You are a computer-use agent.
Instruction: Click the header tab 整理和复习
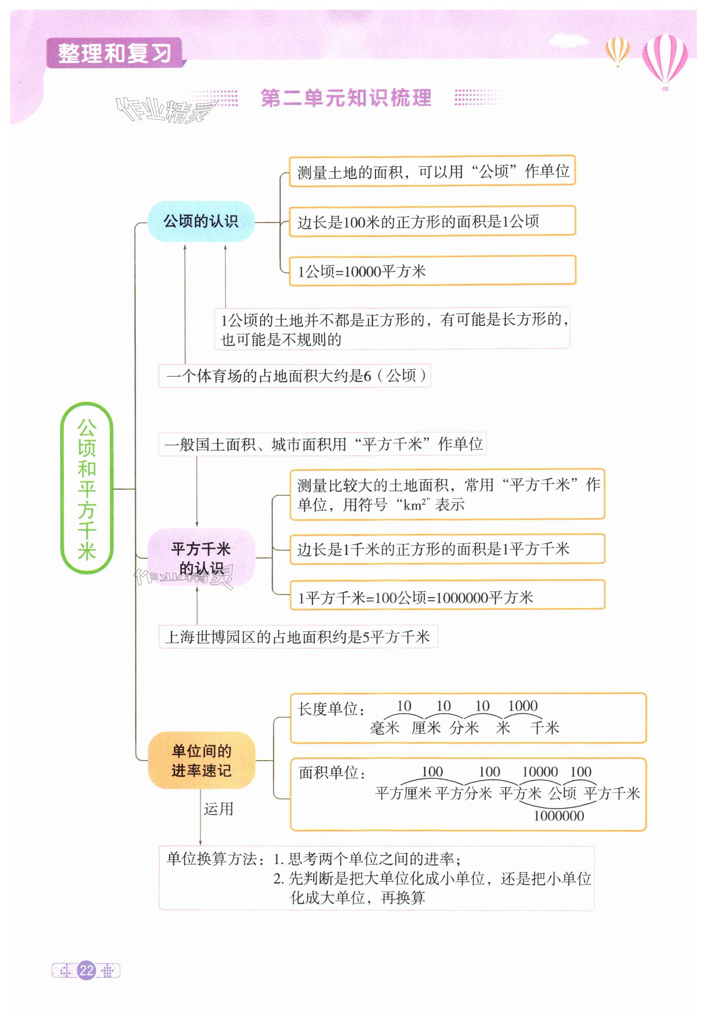click(x=114, y=53)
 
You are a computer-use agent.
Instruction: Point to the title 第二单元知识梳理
click(x=345, y=97)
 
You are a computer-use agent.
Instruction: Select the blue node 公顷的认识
click(x=201, y=221)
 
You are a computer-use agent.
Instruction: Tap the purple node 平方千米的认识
click(x=201, y=558)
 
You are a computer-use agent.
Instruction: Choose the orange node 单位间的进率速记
click(x=201, y=760)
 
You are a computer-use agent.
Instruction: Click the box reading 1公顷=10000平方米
click(x=432, y=271)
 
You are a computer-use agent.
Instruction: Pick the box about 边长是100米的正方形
click(x=432, y=221)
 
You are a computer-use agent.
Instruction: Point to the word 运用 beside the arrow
click(x=219, y=809)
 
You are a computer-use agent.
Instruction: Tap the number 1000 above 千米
click(x=523, y=706)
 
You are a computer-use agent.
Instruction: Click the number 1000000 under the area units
click(x=559, y=816)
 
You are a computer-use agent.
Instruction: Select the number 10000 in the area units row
click(x=540, y=772)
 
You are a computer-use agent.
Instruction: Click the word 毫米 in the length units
click(x=385, y=728)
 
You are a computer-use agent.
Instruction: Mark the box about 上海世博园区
click(x=298, y=637)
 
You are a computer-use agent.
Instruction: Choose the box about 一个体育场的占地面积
click(x=295, y=376)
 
